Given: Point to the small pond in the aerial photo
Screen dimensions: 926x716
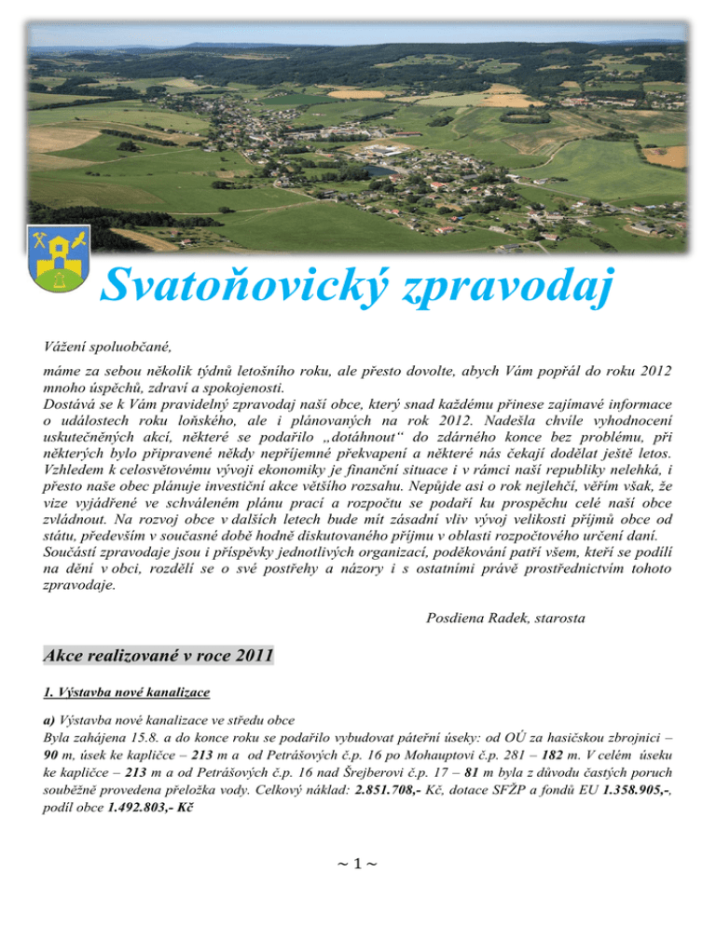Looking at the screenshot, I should pos(380,171).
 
